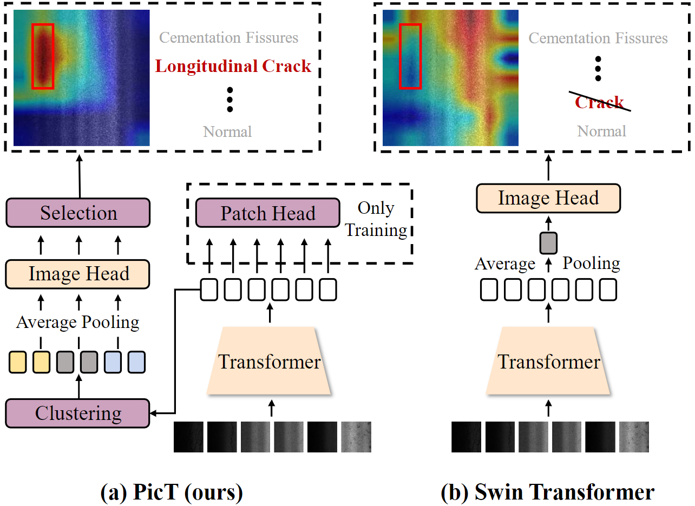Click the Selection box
pos(78,213)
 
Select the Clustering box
pos(78,413)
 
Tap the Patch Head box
pos(268,213)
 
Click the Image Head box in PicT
pos(78,274)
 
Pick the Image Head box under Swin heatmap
pos(548,198)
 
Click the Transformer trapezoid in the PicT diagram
pos(269,362)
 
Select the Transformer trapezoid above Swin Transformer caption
pos(548,362)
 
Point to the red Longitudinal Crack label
pos(233,67)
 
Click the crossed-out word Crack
pos(599,102)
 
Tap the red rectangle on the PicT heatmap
pos(43,56)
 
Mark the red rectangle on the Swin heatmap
pos(410,56)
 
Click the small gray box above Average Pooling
pos(548,242)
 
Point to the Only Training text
pos(376,219)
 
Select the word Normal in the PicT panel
pos(227,132)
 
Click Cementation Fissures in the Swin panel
pos(598,38)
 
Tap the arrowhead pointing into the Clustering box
pos(153,413)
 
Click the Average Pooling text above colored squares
pos(78,323)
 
